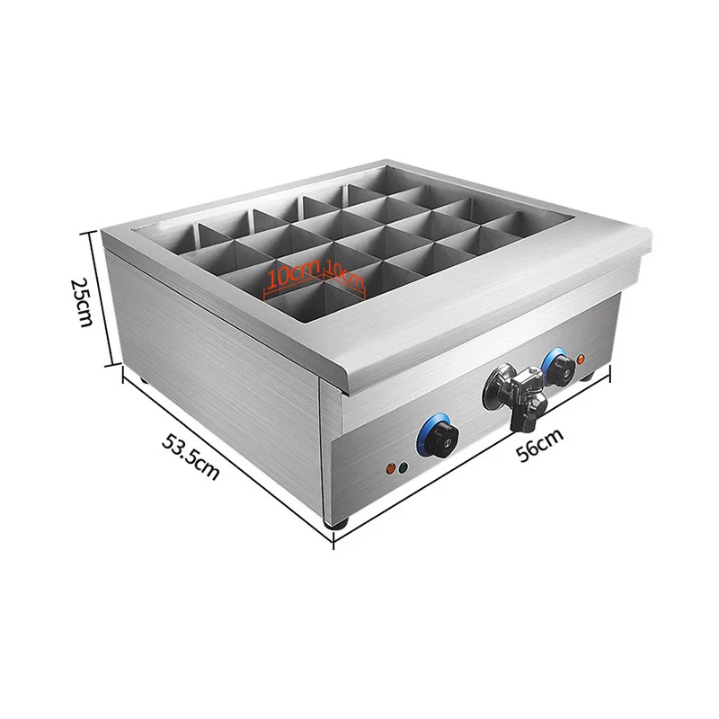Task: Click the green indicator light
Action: point(404,468)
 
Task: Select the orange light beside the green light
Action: point(390,467)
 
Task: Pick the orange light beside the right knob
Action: point(581,360)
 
